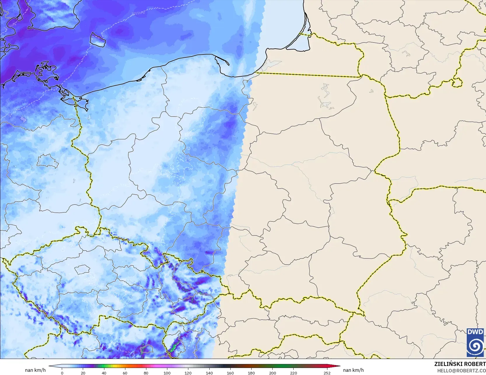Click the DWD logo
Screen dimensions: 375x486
475,342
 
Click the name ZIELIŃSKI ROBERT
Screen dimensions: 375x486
460,364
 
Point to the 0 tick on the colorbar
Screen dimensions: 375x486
62,373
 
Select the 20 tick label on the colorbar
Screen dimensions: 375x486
83,373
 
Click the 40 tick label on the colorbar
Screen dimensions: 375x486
104,373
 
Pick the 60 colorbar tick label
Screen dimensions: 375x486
125,373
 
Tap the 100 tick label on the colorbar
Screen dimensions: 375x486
167,373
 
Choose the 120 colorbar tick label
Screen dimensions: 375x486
188,373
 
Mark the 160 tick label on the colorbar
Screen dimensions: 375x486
230,373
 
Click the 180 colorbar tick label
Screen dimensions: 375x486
251,373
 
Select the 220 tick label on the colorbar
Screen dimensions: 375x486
294,373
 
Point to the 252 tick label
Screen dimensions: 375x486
327,373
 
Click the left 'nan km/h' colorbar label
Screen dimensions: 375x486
35,370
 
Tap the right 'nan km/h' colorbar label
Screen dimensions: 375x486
353,370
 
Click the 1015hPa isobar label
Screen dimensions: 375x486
138,13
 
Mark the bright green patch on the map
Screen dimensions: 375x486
174,347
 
